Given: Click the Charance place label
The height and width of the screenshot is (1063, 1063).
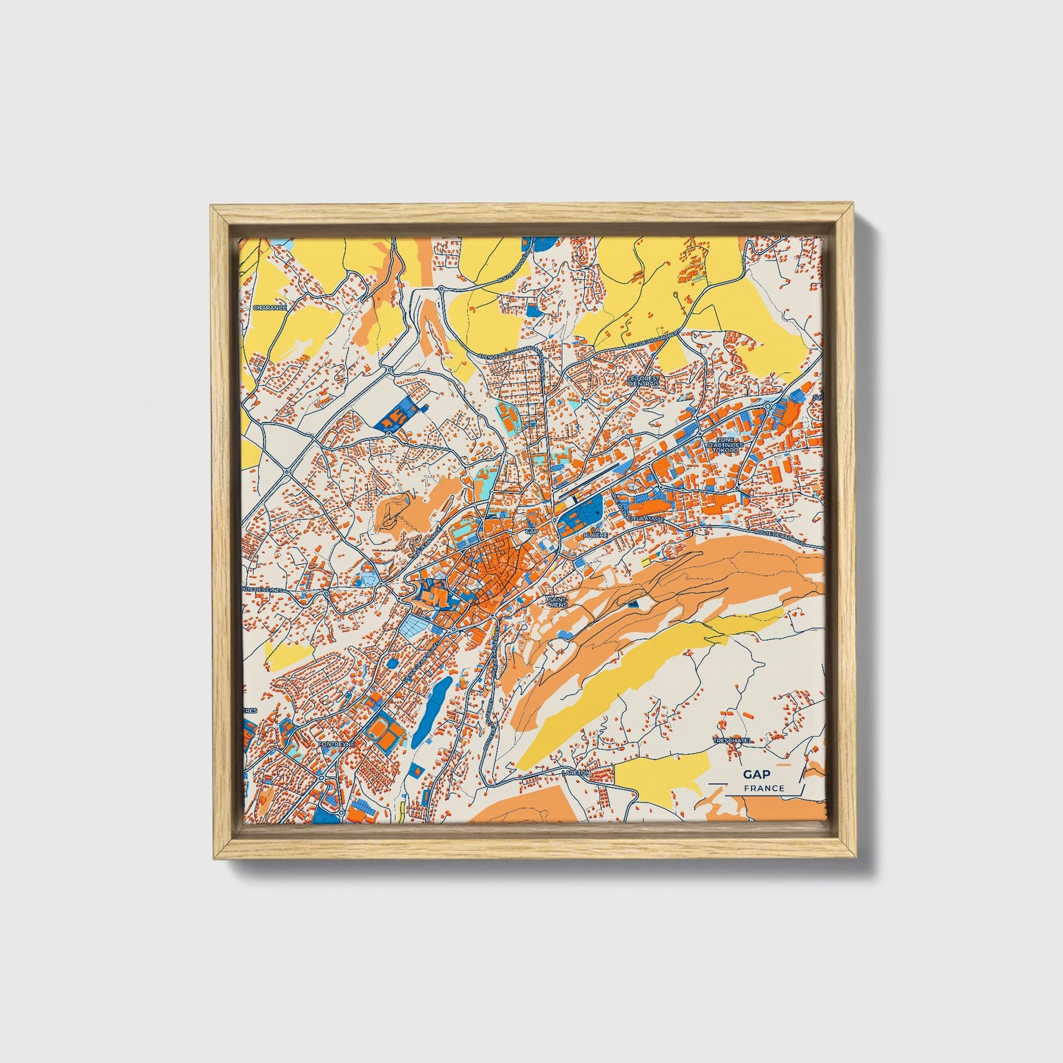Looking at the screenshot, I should coord(269,307).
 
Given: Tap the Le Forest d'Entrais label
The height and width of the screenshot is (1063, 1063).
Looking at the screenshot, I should coord(644,380).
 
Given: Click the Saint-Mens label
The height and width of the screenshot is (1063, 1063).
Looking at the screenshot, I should coord(557,602).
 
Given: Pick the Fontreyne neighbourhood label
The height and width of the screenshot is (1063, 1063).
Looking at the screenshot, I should coord(335,744).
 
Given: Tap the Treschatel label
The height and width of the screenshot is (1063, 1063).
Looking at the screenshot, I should coord(731,741).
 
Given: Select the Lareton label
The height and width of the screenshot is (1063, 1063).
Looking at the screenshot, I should coord(575,773).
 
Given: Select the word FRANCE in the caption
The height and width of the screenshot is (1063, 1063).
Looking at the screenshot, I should coord(764,789).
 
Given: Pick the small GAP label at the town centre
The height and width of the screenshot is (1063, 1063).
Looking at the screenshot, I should coord(531,530).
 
